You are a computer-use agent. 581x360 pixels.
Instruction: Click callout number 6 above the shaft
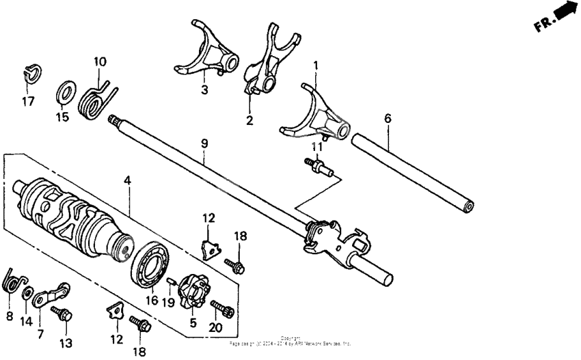click(x=388, y=118)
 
